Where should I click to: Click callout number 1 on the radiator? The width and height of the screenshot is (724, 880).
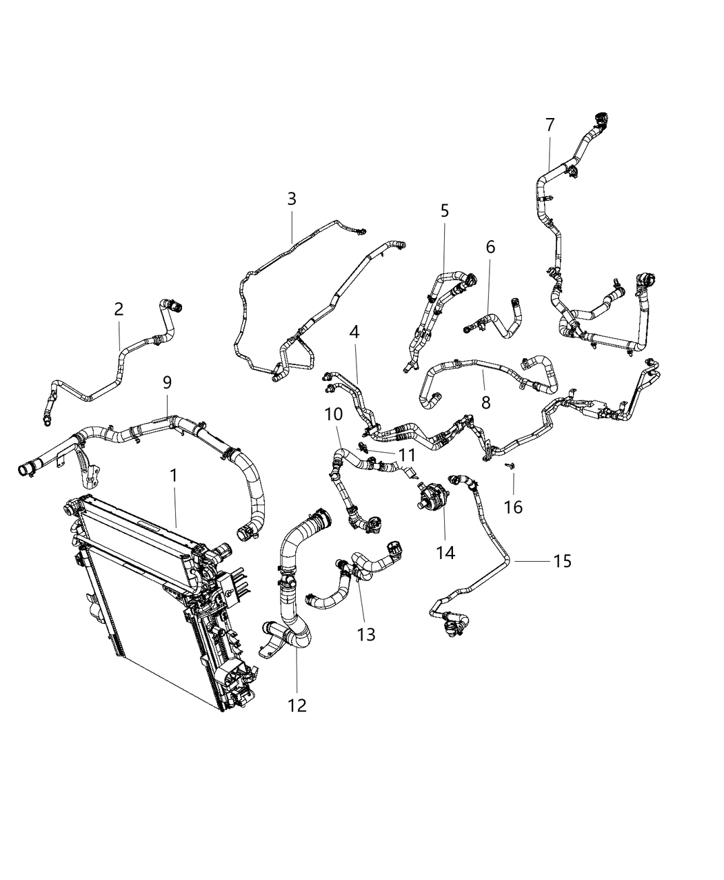(174, 476)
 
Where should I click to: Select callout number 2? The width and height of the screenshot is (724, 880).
(119, 309)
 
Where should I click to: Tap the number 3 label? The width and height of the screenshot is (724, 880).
(292, 199)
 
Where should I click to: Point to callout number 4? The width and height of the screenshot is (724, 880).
(354, 332)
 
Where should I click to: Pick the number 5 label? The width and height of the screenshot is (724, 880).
(444, 211)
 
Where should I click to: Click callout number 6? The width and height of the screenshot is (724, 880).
(490, 246)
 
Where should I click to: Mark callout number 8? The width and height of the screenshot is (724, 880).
(486, 402)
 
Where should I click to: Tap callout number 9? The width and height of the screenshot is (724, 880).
(167, 382)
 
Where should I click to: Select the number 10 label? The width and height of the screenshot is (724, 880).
(334, 414)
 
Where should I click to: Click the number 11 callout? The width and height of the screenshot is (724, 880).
(407, 455)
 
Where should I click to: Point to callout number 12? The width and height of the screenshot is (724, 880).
(297, 705)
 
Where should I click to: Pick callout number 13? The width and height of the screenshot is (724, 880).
(366, 634)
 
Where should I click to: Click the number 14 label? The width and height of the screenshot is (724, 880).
(445, 552)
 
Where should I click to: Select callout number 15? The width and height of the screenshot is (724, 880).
(562, 561)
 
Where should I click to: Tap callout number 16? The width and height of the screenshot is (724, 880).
(513, 507)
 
